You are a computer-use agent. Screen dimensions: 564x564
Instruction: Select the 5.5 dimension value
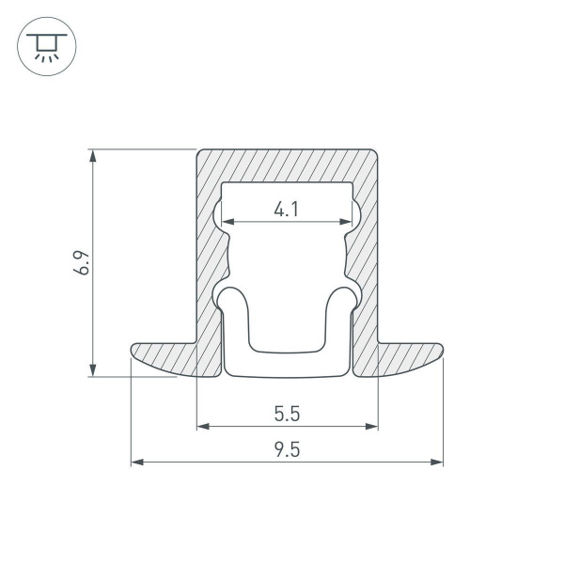pyautogui.click(x=287, y=415)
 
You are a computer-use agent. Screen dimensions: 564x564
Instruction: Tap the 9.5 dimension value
pyautogui.click(x=287, y=450)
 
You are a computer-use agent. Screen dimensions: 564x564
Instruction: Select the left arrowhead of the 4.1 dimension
pyautogui.click(x=227, y=223)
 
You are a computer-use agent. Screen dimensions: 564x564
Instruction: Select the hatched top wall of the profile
pyautogui.click(x=287, y=165)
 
